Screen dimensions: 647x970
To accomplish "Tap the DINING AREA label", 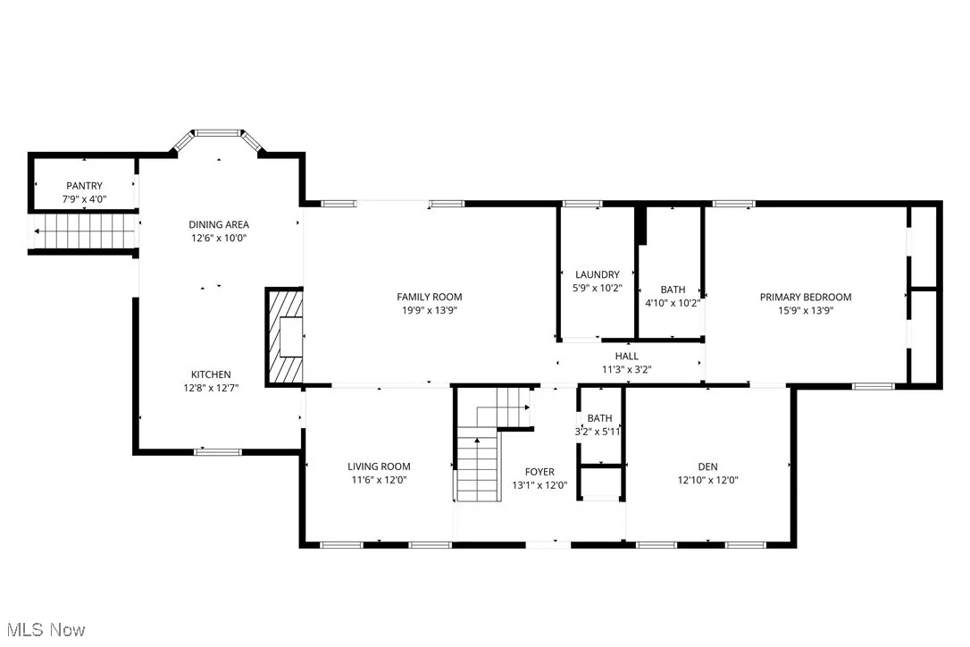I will tap(218, 224).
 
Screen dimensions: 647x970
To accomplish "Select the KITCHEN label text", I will tap(211, 374).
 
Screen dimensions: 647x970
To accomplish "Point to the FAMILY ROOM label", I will tap(430, 297).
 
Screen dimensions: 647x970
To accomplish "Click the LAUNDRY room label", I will tap(598, 274).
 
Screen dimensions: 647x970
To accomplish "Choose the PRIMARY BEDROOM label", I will tap(805, 297).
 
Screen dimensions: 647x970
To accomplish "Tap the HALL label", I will tap(626, 357).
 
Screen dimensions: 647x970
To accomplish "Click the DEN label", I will tap(707, 466).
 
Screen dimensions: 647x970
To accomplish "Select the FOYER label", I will tap(539, 472).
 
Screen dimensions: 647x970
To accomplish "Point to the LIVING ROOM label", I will tap(379, 466).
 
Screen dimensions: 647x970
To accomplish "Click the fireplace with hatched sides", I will tap(286, 337).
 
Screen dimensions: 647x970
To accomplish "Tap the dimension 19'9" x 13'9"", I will tap(430, 310).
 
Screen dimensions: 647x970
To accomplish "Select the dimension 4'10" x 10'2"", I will tap(673, 303).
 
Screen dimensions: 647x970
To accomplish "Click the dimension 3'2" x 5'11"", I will tap(599, 431).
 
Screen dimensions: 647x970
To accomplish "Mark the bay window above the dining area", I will tap(219, 135).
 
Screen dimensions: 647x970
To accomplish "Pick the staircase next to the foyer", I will tap(481, 456).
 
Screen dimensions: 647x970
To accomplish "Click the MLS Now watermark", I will tap(44, 630).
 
